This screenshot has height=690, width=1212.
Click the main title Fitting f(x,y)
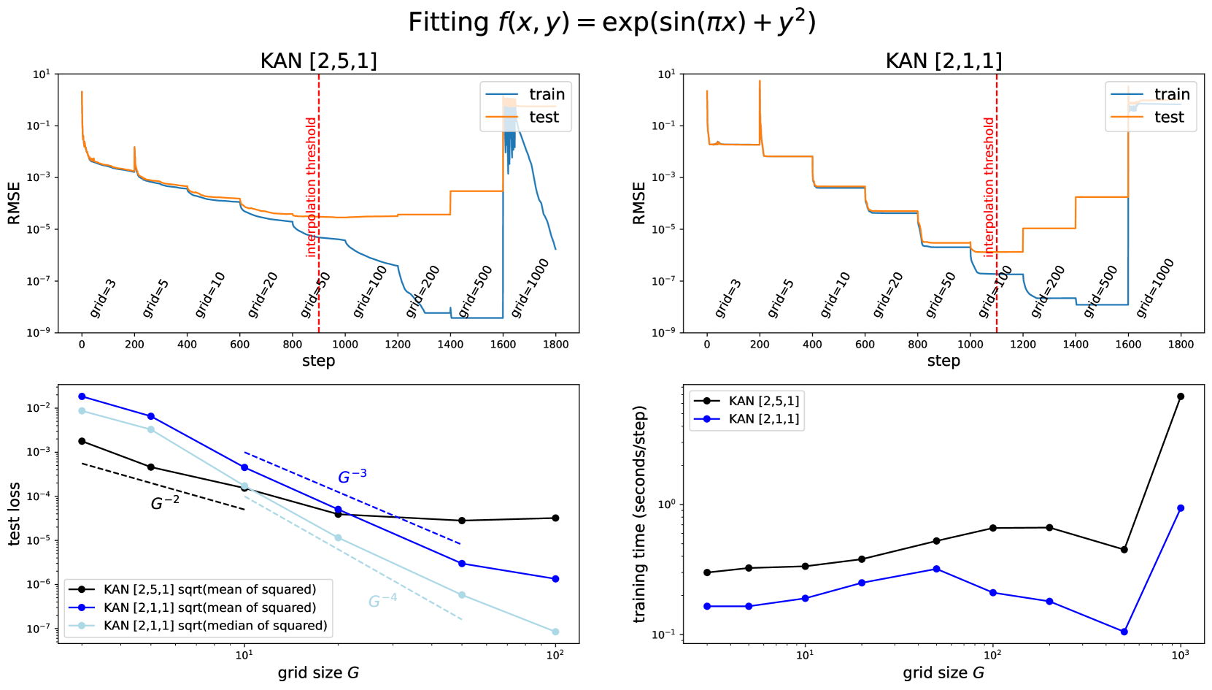(611, 22)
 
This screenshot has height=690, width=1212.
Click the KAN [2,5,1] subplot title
(318, 61)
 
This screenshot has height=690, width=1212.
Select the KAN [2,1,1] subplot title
(943, 61)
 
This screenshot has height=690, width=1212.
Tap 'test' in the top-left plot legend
(544, 117)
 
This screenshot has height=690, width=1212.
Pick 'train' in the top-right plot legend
(1172, 94)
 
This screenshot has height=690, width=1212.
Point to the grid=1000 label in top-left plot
(530, 288)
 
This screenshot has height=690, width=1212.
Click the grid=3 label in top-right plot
(727, 298)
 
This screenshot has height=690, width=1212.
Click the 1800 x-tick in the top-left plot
(556, 345)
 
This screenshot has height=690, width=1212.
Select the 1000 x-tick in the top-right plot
(970, 345)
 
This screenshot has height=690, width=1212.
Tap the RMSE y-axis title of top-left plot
(14, 203)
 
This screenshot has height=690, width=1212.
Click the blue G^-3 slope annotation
(352, 477)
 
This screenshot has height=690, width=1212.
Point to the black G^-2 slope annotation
(165, 503)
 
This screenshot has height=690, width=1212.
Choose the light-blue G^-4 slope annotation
(382, 601)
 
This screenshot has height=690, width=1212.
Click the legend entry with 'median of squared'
(215, 626)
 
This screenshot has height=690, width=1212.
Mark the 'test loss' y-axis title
(14, 514)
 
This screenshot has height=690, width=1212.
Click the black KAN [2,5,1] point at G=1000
(1181, 396)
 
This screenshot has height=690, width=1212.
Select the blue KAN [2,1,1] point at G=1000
(1181, 508)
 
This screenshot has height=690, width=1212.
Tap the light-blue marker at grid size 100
(555, 632)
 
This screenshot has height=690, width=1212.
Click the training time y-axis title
(640, 514)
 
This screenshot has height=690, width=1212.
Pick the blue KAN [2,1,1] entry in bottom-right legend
(763, 419)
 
